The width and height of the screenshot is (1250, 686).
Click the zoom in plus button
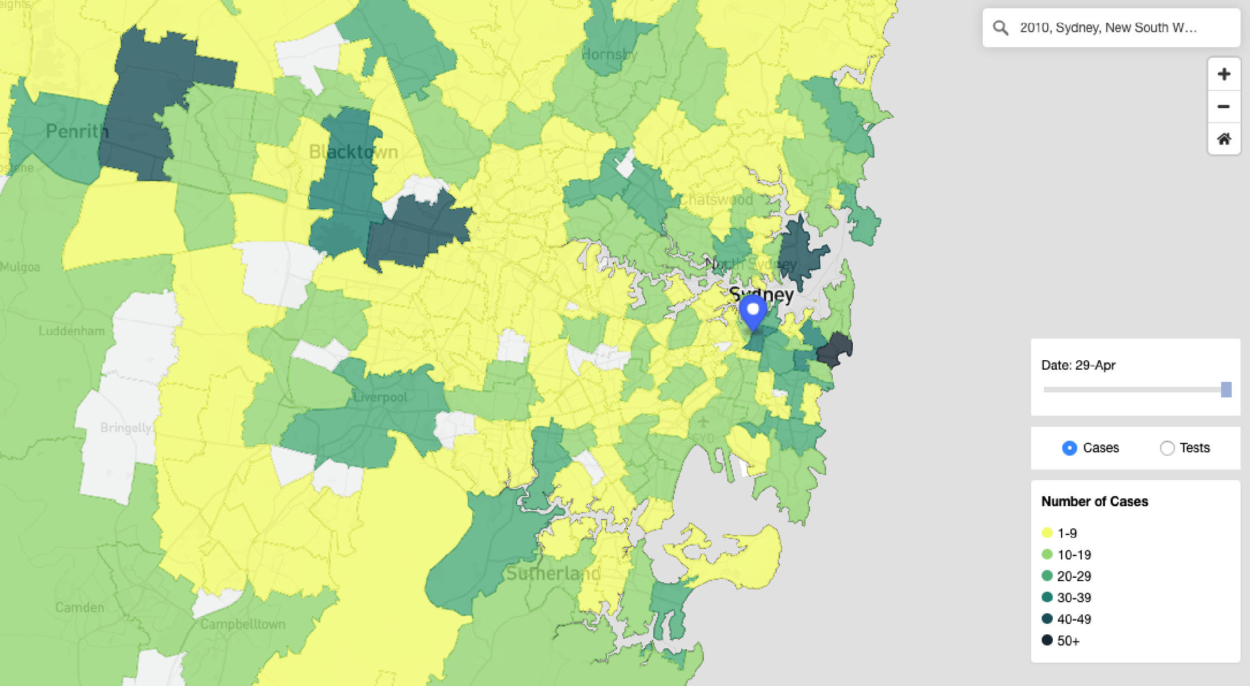(1223, 74)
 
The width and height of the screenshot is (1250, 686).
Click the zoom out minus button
(1223, 107)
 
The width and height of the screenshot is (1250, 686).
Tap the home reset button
(1223, 139)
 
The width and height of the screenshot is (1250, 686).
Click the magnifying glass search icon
(1001, 28)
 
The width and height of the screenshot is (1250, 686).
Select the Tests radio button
(1167, 448)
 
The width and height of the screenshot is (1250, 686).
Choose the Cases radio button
(1069, 448)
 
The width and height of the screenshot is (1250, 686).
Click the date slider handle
(1226, 390)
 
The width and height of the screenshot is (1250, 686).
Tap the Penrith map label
(77, 132)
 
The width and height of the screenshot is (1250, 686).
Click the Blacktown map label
(353, 152)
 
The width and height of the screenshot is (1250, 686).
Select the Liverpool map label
(380, 397)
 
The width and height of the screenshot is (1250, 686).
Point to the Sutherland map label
(553, 573)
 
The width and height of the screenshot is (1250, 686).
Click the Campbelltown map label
(243, 624)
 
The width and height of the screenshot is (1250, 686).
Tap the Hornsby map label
(609, 54)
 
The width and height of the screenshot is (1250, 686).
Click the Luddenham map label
(72, 331)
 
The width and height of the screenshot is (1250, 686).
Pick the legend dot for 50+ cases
(1047, 640)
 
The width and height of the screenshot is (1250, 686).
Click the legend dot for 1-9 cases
(1047, 533)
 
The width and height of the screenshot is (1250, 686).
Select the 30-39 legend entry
(1067, 598)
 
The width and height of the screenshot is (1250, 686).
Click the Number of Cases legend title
(1094, 502)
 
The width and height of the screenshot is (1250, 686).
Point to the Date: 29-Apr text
(1078, 365)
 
